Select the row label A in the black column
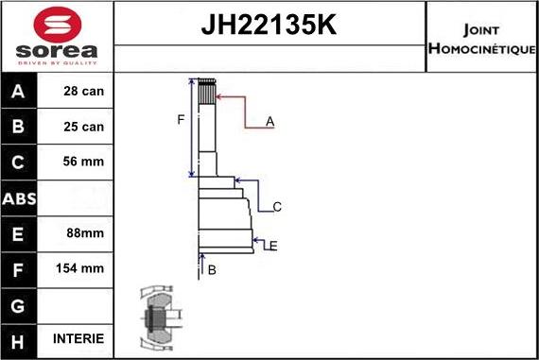coord(19,92)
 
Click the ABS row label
coord(19,197)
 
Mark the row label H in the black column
coord(19,338)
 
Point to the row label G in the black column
coord(19,303)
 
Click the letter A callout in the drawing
coord(269,122)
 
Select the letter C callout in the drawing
coord(277,207)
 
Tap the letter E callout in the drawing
coord(272,247)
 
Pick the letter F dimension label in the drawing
coord(181,119)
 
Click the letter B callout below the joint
coord(212,270)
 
